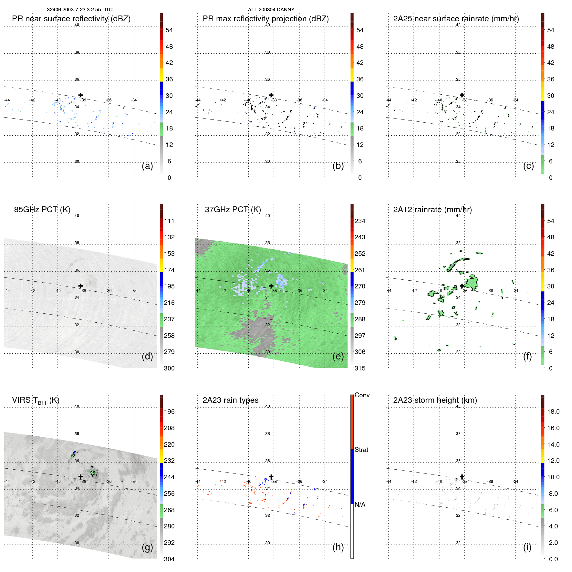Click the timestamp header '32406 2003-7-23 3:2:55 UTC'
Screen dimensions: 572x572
click(79, 10)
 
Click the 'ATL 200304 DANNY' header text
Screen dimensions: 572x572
click(271, 10)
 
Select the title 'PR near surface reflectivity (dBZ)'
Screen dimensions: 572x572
click(71, 19)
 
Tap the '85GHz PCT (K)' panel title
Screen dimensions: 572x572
click(42, 209)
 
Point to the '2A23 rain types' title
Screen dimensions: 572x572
click(230, 400)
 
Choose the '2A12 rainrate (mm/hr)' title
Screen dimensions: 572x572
click(432, 209)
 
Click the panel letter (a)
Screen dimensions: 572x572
click(147, 166)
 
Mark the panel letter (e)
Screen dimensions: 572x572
click(338, 356)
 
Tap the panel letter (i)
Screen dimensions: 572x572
click(527, 547)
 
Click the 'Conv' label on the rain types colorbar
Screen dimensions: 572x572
click(362, 395)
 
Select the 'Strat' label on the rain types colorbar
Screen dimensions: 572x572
click(361, 450)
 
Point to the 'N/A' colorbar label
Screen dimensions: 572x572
click(360, 504)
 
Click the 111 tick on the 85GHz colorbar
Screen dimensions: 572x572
click(169, 221)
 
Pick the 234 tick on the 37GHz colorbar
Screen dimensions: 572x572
click(360, 221)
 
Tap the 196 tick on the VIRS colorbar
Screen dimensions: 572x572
click(169, 411)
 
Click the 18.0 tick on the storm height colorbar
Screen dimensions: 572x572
click(553, 411)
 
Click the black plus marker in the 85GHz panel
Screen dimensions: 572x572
click(80, 286)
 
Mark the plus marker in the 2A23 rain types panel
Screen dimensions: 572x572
click(271, 476)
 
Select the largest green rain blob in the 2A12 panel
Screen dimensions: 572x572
click(472, 283)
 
